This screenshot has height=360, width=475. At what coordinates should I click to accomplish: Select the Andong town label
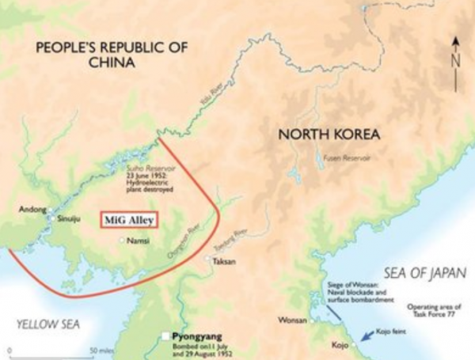[32, 210]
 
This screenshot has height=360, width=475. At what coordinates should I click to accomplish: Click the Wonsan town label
[291, 321]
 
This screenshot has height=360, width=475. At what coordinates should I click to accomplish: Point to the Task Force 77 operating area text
[432, 311]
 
